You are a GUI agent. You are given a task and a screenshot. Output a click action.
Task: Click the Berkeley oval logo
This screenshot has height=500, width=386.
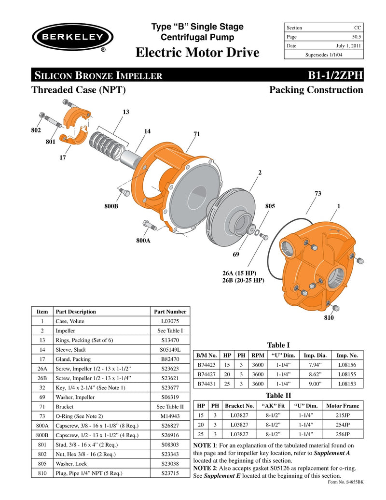coord(73,37)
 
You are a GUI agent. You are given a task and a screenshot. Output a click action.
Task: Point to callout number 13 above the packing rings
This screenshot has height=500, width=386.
coord(125,112)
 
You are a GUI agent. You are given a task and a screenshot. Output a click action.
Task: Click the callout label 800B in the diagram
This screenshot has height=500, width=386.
coord(111,206)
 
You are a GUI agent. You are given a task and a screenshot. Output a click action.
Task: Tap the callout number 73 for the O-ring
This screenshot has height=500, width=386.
coord(317,194)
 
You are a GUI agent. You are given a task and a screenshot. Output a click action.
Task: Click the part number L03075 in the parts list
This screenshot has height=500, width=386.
coord(168,321)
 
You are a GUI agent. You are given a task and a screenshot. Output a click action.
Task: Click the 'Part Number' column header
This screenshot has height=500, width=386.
coord(168,312)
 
